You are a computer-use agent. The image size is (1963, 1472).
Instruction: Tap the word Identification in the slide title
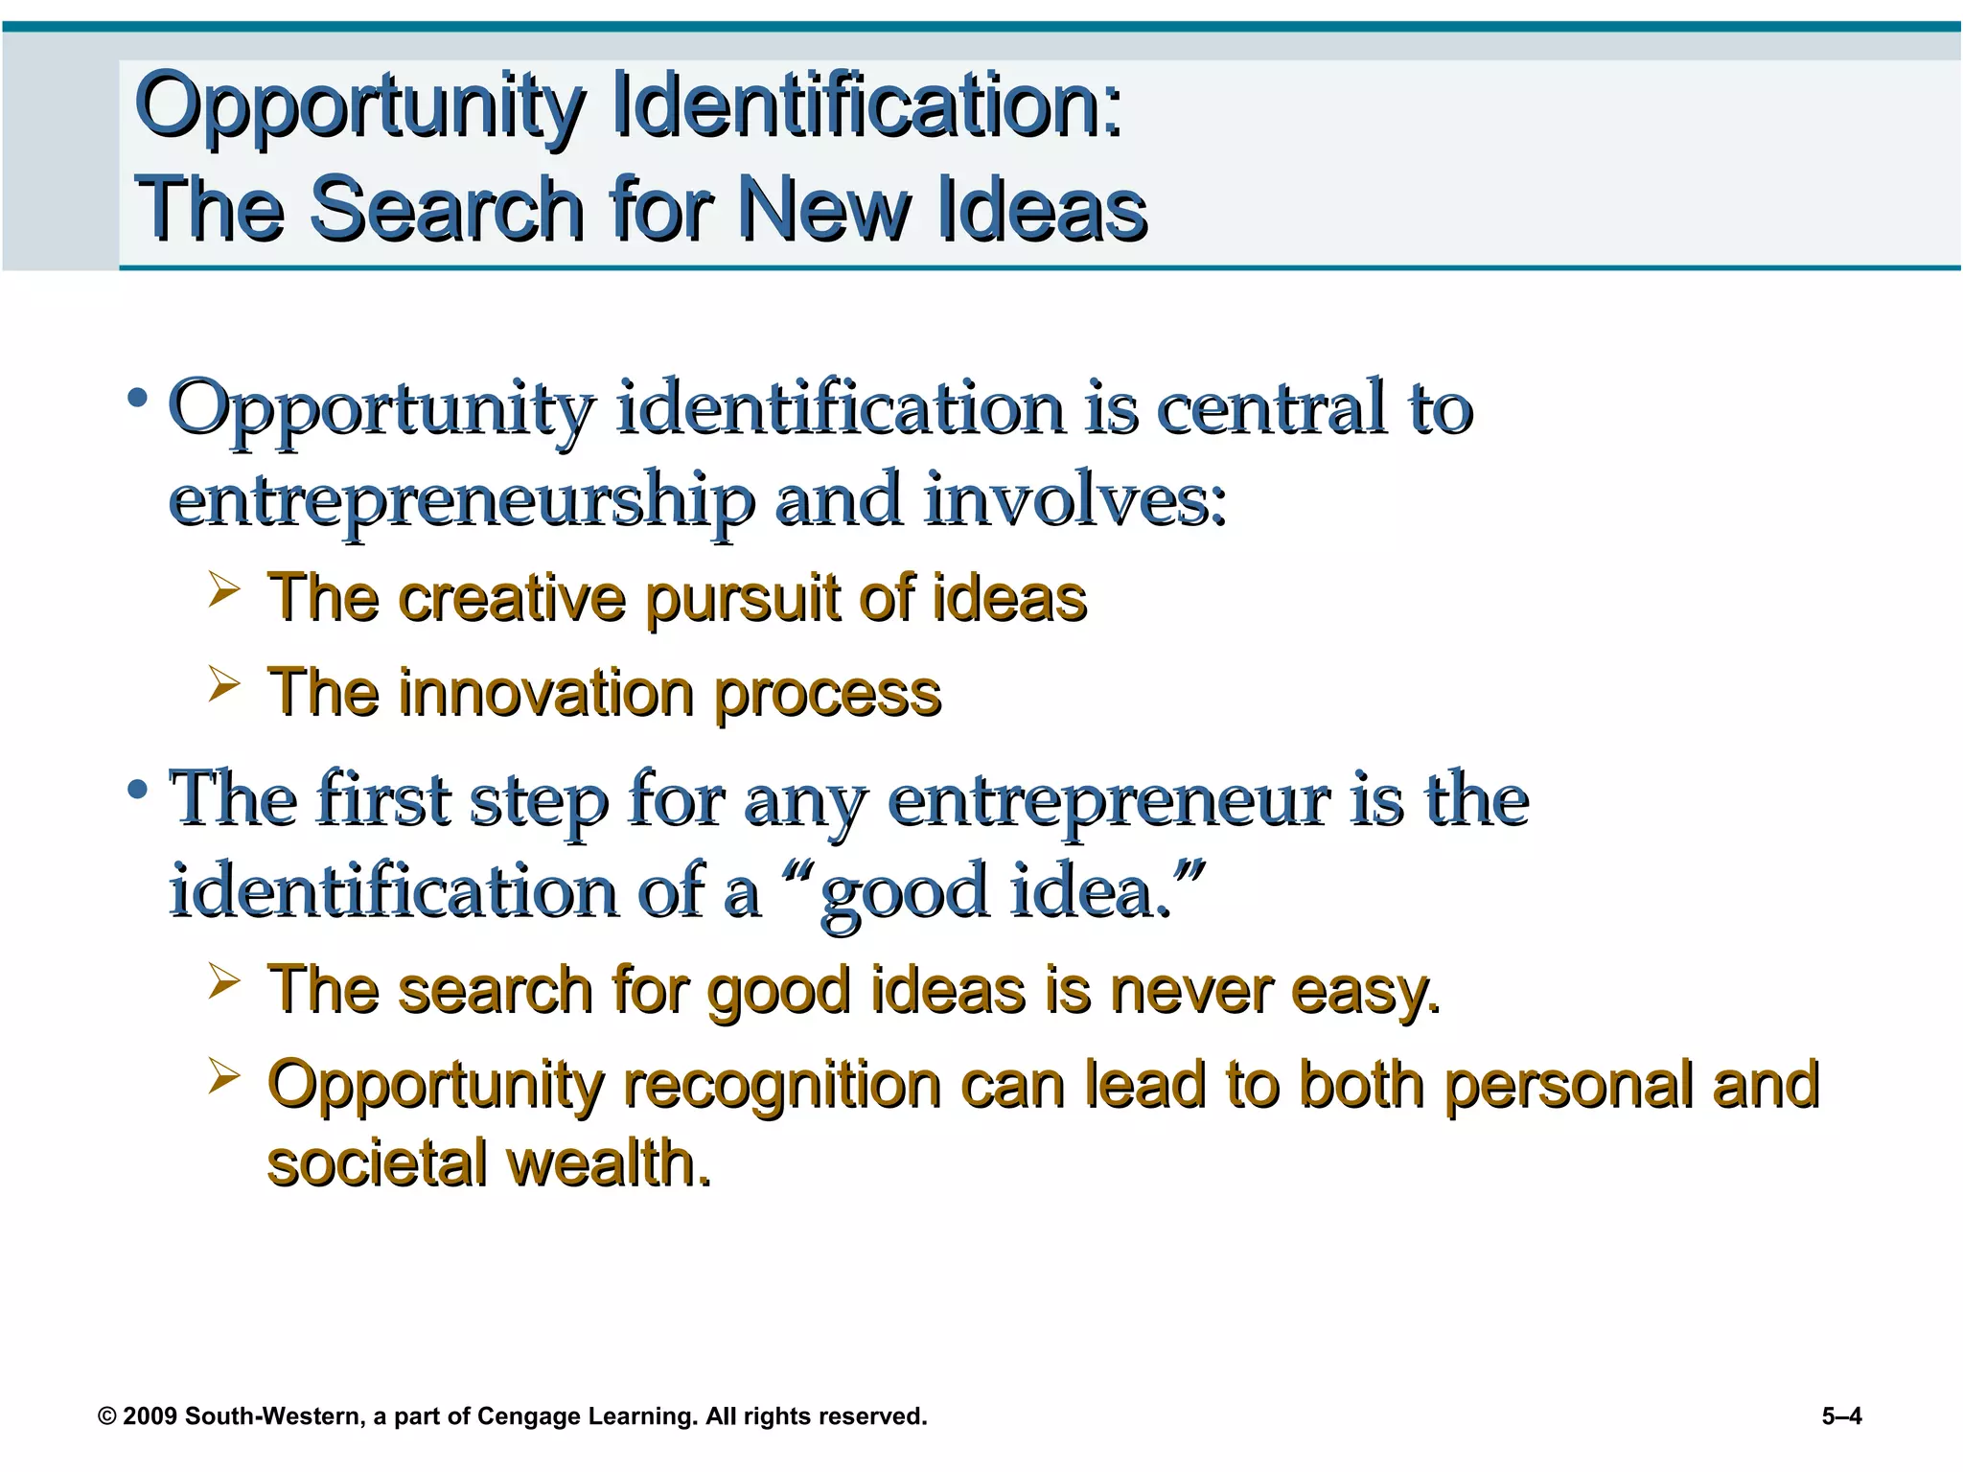(x=866, y=105)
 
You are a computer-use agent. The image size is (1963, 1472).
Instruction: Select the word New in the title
(x=823, y=209)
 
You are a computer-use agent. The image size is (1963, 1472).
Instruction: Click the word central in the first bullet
(x=1274, y=409)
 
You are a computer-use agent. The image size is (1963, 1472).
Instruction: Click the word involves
(x=1074, y=500)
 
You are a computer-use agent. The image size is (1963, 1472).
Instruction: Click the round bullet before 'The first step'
(x=138, y=790)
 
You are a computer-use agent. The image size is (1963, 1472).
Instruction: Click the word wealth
(x=608, y=1162)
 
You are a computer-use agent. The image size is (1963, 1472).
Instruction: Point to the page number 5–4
(x=1841, y=1416)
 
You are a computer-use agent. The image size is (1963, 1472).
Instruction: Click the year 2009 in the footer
(x=150, y=1416)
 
